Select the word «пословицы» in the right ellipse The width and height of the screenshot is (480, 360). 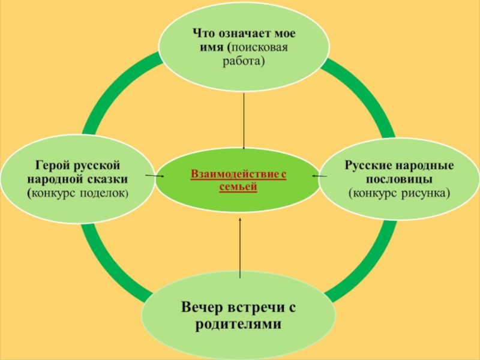(x=399, y=179)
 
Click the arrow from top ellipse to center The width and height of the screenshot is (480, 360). (x=244, y=120)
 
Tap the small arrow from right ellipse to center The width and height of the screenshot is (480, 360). (x=319, y=176)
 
